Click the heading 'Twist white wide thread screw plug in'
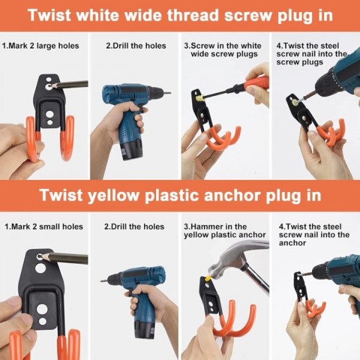coord(180,15)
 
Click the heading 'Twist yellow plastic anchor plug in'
coord(180,196)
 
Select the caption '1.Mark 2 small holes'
coord(44,227)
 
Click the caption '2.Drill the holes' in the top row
coord(135,46)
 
